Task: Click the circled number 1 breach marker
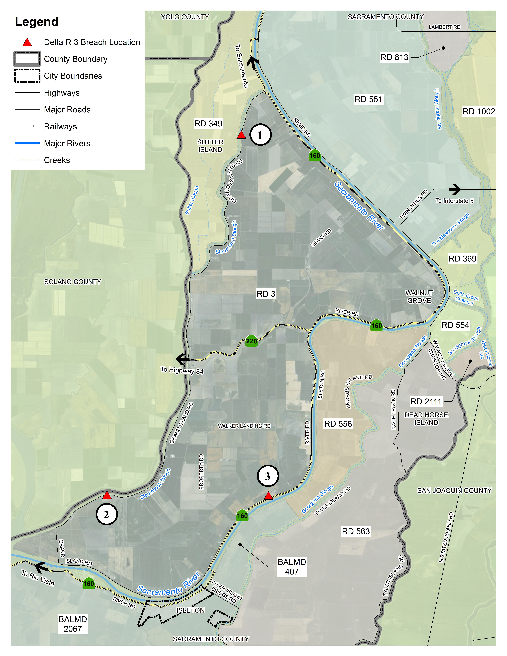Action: click(x=260, y=135)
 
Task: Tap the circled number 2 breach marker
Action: click(x=106, y=515)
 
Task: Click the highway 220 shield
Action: click(x=251, y=341)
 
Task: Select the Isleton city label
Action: click(x=190, y=610)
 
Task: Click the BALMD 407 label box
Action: click(x=292, y=567)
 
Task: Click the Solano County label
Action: click(x=73, y=282)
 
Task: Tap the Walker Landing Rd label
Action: click(x=244, y=426)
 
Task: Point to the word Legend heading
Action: click(x=37, y=22)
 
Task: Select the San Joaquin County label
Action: click(x=454, y=491)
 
